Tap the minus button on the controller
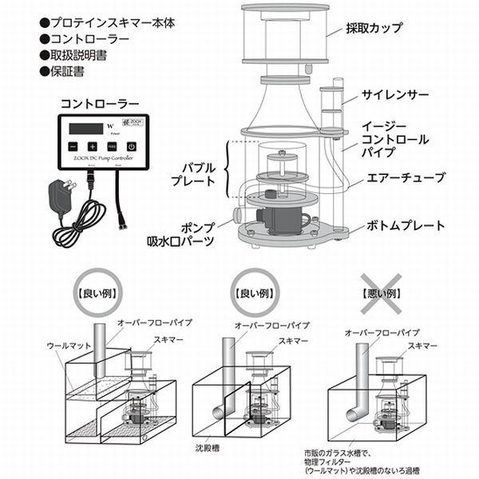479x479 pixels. click(x=73, y=146)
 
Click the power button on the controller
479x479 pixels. click(x=130, y=146)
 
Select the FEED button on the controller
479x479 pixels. click(x=112, y=146)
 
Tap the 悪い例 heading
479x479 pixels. click(x=382, y=293)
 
